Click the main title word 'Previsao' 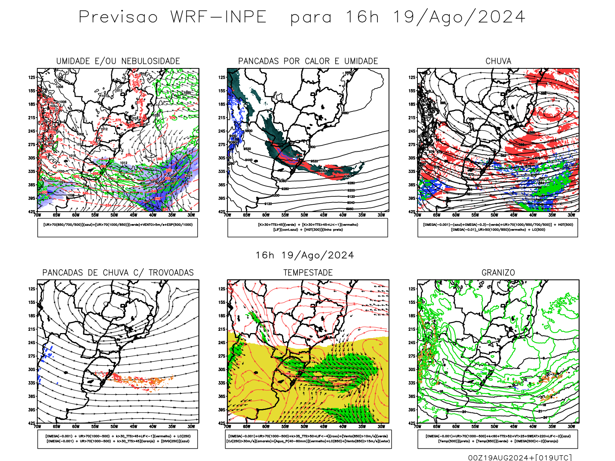coord(118,17)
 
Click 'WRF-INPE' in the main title coord(218,17)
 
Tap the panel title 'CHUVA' coord(498,61)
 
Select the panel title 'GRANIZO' coord(498,273)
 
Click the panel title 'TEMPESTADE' coord(308,273)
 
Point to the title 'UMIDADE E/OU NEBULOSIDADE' coord(118,61)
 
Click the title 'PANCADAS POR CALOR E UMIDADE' coord(308,61)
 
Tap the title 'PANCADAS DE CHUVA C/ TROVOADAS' coord(118,273)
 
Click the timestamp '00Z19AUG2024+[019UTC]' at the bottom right coord(520,458)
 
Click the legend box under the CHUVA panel coord(498,227)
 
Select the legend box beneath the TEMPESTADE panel coord(308,439)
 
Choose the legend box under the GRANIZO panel coord(498,439)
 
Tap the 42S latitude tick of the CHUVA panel coord(412,212)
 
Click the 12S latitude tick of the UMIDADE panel coord(31,77)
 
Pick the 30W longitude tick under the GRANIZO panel coord(571,426)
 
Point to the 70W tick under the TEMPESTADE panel coord(228,426)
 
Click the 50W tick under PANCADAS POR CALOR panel coord(304,215)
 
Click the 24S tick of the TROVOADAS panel coord(31,343)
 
